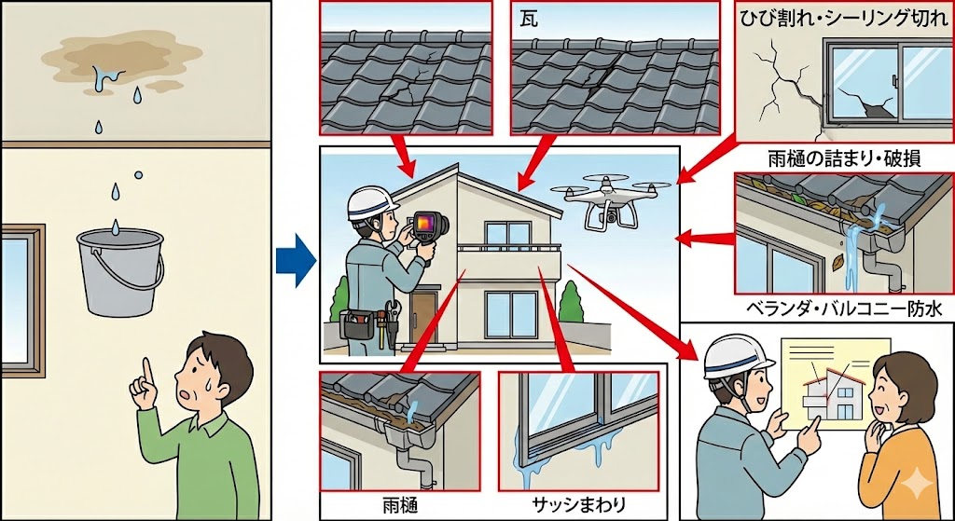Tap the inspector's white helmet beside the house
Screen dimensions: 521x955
[x=373, y=203]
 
